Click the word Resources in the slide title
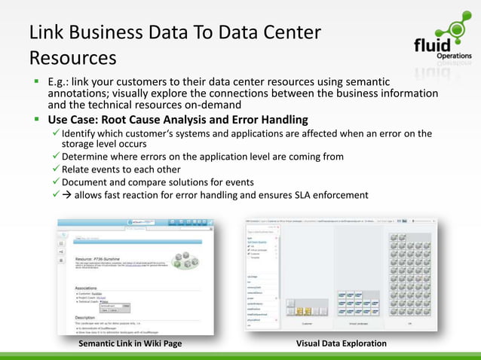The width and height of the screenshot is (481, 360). [x=72, y=57]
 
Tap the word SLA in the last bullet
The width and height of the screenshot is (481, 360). [x=293, y=195]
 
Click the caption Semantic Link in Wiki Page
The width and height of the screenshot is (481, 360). [x=130, y=343]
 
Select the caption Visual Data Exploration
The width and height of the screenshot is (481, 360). [x=342, y=343]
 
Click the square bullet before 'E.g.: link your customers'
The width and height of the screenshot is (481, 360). [x=35, y=81]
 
